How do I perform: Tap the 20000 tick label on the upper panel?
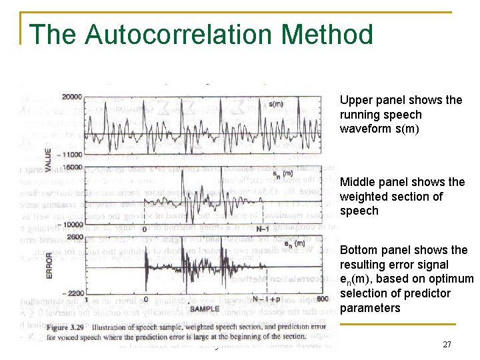pos(71,97)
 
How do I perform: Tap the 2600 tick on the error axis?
pos(73,237)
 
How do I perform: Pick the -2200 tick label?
pos(71,293)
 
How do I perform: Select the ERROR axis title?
pos(49,265)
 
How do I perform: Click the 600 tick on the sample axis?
pos(323,299)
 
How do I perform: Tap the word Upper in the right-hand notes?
pos(355,100)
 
